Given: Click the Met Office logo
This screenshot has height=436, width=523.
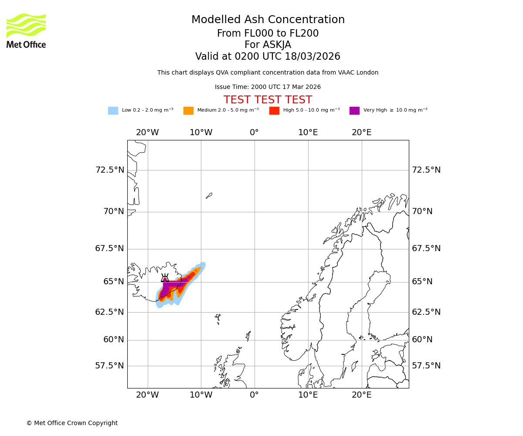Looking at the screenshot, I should tap(26, 31).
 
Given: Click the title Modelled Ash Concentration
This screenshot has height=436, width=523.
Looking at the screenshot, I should tap(268, 20).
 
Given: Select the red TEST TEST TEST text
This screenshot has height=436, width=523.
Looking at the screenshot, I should tap(268, 100).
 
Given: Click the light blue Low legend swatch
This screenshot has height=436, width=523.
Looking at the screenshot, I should tap(113, 111).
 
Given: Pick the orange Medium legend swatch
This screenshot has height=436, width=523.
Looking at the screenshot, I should tap(188, 111).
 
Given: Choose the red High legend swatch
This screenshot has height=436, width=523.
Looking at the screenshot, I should tap(274, 111).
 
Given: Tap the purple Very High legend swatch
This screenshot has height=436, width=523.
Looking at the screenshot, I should tap(354, 111).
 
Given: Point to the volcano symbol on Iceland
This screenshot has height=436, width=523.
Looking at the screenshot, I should tap(165, 278).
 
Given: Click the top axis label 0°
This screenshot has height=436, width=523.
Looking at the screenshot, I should tap(255, 133).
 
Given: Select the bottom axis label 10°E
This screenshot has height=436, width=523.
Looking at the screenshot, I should tap(308, 395).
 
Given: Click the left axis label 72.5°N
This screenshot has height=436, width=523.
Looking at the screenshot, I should tap(110, 170).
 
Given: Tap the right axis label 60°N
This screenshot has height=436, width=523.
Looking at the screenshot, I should tap(422, 340).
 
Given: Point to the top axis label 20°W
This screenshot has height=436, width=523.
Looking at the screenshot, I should tap(147, 133).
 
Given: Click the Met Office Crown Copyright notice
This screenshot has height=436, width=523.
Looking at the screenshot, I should tap(72, 423).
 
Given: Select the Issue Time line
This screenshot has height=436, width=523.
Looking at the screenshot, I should tap(268, 87).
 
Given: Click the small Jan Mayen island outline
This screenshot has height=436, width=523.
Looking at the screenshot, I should tap(209, 196).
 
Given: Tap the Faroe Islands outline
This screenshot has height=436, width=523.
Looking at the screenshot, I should tap(217, 318).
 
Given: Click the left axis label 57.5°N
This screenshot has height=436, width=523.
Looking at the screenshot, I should tap(110, 366).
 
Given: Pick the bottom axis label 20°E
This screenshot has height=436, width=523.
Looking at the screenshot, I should tap(362, 395).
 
